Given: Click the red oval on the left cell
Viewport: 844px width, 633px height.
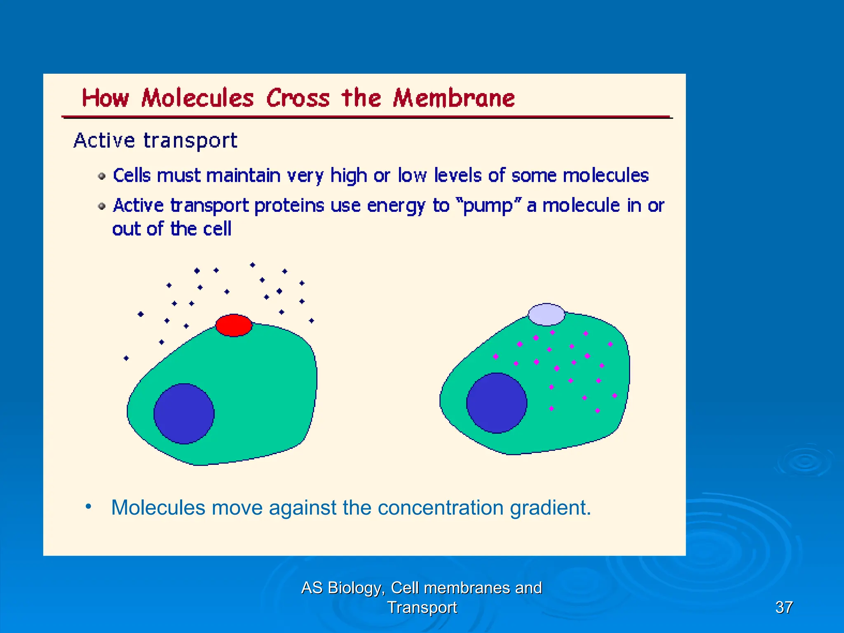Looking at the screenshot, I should pos(234,325).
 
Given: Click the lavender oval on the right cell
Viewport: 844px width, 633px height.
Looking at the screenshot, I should pos(546,314).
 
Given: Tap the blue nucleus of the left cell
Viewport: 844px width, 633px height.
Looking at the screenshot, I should pos(184,414).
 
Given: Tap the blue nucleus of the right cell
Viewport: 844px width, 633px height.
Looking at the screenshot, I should pos(497,403).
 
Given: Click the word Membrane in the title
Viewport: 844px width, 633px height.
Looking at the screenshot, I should pos(454,98).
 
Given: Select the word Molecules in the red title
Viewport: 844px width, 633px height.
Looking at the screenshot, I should pos(197,98).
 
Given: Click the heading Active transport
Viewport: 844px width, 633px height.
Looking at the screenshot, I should pos(155,141).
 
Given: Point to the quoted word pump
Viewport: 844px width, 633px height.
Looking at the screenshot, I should pos(489,206).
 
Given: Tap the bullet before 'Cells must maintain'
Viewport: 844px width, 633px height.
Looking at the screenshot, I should pos(102,176).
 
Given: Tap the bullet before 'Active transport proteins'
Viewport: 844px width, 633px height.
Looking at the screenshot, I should pos(102,206).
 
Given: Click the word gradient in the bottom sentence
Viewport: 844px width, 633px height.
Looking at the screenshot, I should pos(550,507).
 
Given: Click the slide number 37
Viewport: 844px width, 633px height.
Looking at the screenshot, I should pos(784,607).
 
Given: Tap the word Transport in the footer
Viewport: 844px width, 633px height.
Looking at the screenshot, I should pos(422,607).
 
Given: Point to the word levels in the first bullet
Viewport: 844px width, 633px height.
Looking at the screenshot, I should pos(458,176).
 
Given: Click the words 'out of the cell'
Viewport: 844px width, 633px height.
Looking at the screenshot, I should pos(171,229).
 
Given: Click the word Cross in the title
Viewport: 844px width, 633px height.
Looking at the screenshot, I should pos(298,98).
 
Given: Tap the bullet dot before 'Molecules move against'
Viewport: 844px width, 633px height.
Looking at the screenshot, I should pos(88,506).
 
